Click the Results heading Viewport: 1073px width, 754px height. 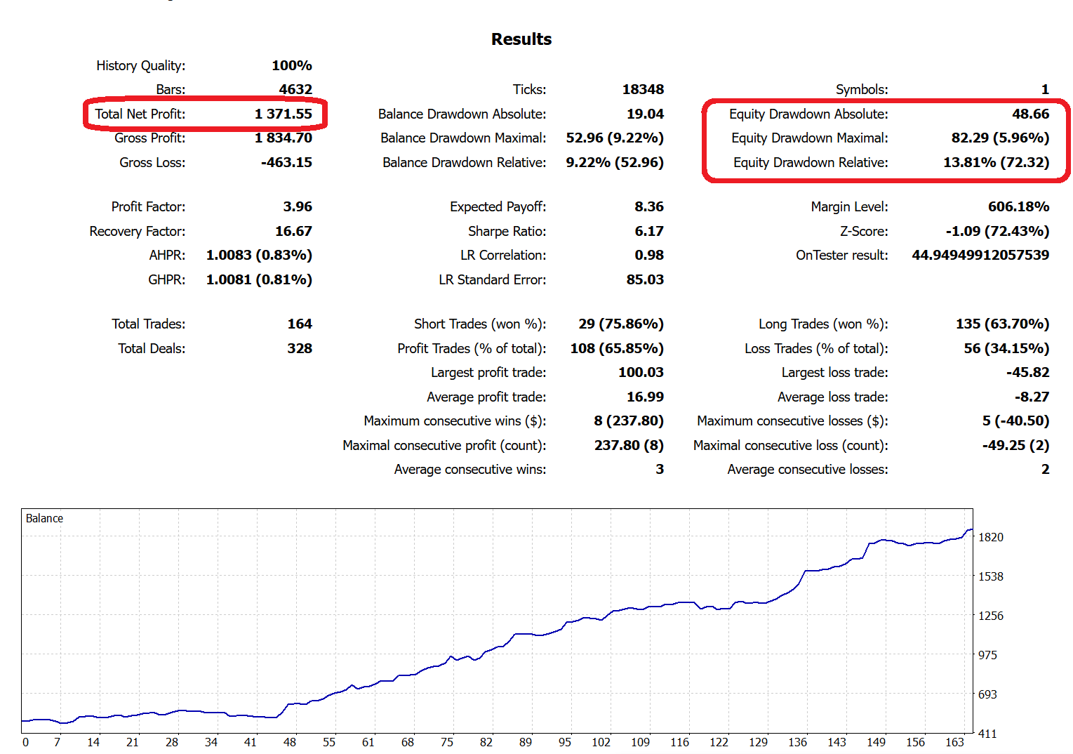pos(521,39)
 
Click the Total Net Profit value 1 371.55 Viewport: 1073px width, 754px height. pos(284,114)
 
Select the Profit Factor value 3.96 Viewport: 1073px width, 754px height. pos(298,206)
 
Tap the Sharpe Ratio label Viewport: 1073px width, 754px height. pos(507,231)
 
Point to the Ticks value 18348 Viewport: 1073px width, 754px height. pos(643,89)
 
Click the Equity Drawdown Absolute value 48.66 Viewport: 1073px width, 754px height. pos(1030,114)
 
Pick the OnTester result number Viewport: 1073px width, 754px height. pos(980,255)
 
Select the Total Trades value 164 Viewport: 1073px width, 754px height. pos(300,324)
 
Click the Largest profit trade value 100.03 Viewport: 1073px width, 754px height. pos(641,372)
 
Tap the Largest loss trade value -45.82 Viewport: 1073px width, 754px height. pos(1027,372)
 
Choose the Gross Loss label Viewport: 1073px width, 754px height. pos(152,162)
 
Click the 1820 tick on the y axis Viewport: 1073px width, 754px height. pos(991,537)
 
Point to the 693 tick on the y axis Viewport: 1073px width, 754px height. pos(987,694)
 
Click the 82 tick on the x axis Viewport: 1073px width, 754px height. pos(486,742)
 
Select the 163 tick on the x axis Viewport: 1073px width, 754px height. pos(954,742)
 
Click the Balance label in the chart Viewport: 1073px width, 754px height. pos(44,518)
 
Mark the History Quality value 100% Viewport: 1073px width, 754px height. pos(292,65)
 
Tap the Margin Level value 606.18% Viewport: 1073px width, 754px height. pos(1018,206)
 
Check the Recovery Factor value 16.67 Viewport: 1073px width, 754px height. pos(293,231)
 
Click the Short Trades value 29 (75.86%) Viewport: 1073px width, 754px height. pos(621,324)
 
